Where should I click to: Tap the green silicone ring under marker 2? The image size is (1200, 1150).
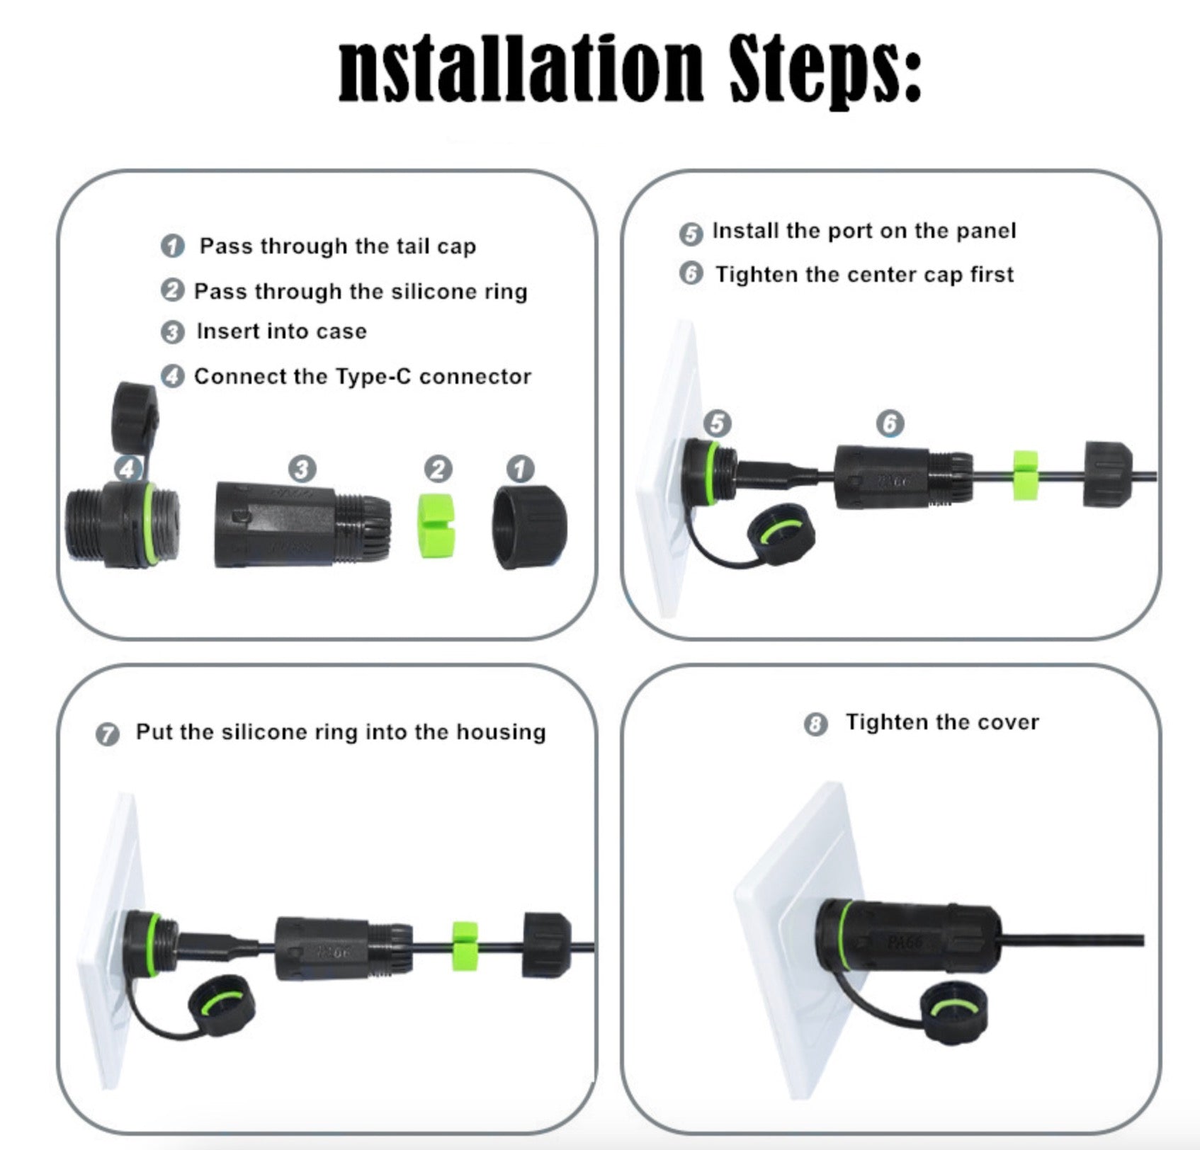coord(437,525)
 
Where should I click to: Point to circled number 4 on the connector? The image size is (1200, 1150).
coord(128,468)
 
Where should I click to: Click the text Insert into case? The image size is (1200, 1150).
coord(281,331)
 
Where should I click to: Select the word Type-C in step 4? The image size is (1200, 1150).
coord(373,377)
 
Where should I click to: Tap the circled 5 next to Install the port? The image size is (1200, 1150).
coord(691,234)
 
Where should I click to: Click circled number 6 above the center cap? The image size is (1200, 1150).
coord(890,423)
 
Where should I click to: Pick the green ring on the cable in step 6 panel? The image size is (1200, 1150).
coord(1024,474)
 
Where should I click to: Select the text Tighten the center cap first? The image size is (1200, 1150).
coord(864,275)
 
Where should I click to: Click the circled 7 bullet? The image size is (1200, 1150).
coord(107,734)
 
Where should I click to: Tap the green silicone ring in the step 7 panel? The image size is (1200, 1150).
coord(465,945)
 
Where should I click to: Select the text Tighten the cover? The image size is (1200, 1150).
coord(941,722)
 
